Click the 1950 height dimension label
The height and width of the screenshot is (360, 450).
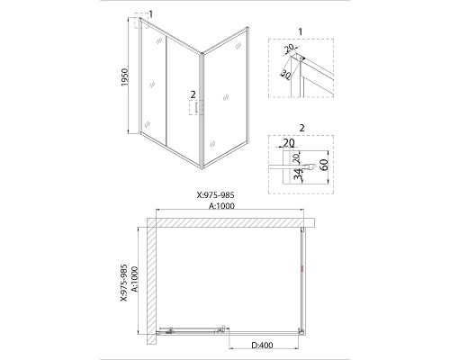(125, 77)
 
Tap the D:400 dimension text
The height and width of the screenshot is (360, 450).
(262, 346)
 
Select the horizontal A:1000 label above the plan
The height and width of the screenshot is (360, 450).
(221, 206)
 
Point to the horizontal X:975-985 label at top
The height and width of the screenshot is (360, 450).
(215, 195)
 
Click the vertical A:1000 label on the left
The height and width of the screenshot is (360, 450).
(135, 279)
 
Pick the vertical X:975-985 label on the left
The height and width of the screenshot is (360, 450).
(124, 283)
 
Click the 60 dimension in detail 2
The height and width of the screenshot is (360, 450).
(324, 165)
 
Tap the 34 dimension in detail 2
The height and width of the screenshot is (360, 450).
(297, 175)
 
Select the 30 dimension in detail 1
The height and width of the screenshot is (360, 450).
(285, 74)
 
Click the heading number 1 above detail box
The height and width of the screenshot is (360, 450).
(301, 31)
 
